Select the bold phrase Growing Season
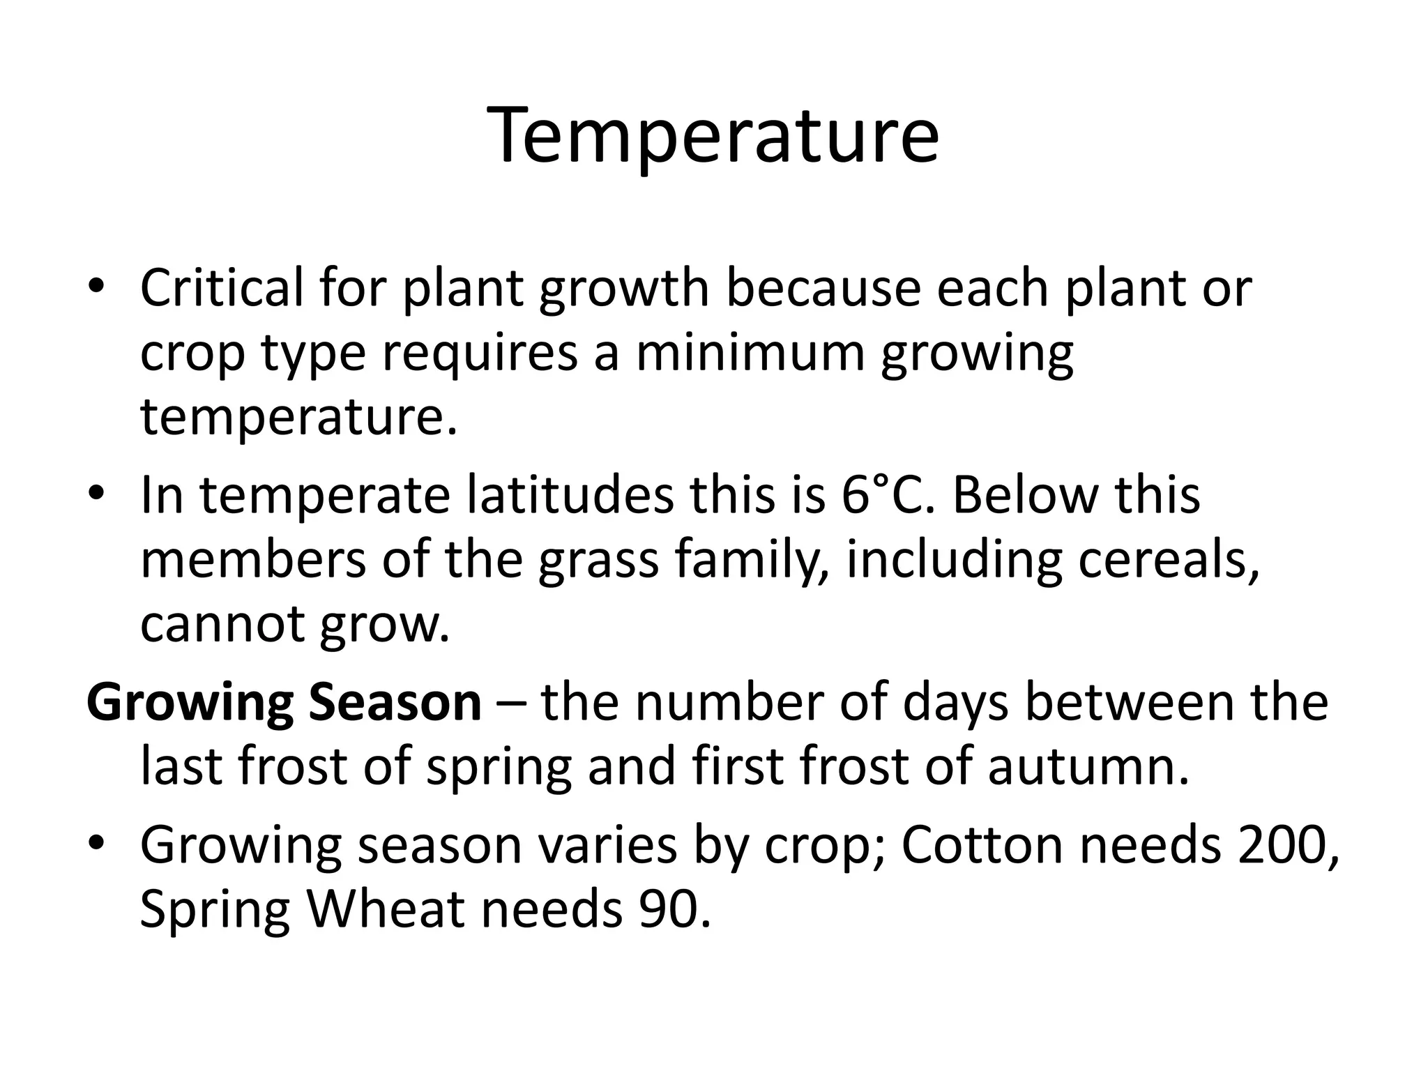[284, 703]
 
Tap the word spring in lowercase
[499, 767]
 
